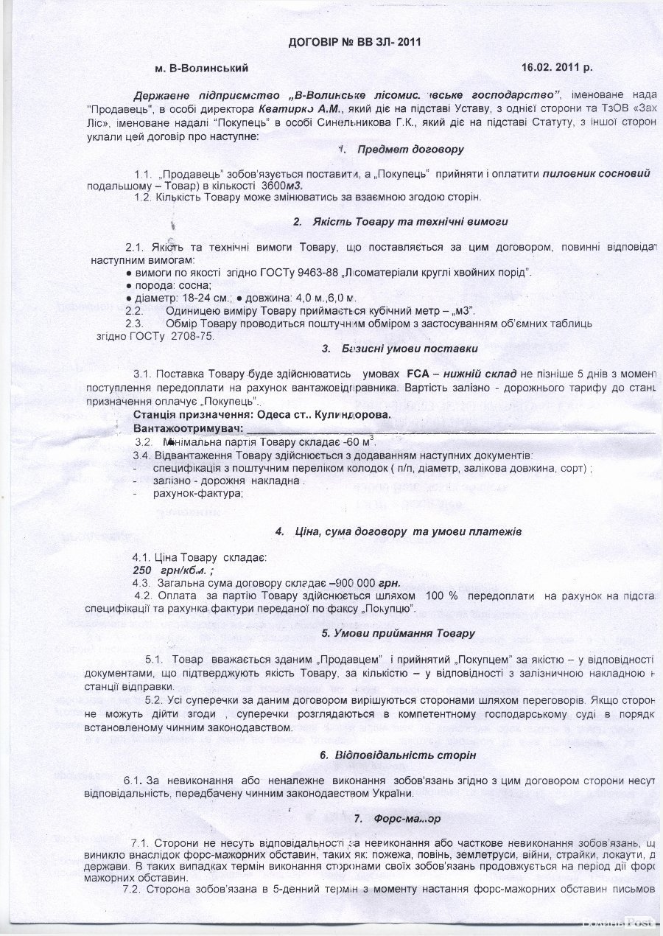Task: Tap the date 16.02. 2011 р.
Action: tap(557, 67)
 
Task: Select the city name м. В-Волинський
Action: tap(201, 68)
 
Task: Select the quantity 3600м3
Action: tap(281, 186)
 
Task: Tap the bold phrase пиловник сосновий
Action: tap(597, 173)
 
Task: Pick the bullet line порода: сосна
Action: tap(171, 285)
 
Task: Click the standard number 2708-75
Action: tap(190, 335)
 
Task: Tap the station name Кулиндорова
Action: tap(352, 414)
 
